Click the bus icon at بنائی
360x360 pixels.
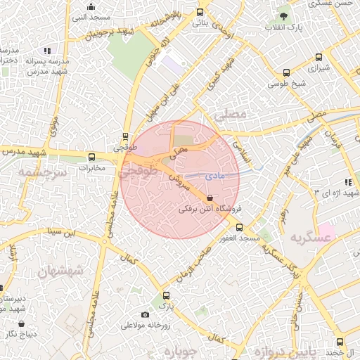click(200, 12)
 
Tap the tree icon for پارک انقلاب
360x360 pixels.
click(283, 15)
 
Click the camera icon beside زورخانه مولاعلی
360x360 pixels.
click(146, 314)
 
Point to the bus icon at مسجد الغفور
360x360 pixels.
click(239, 227)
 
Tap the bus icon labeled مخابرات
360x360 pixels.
click(91, 157)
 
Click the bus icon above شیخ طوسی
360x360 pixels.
click(285, 72)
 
